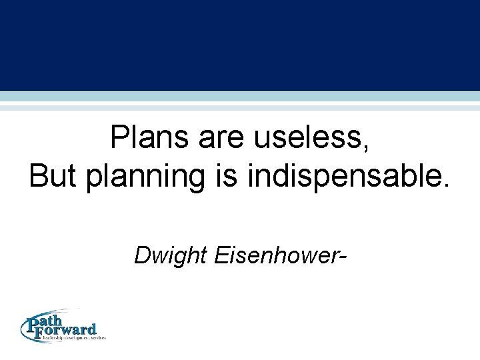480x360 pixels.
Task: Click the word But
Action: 54,176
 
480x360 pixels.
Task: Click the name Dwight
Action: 171,255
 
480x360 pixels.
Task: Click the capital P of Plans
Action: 120,139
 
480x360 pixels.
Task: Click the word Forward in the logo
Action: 70,329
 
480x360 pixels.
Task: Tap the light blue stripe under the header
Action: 240,97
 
